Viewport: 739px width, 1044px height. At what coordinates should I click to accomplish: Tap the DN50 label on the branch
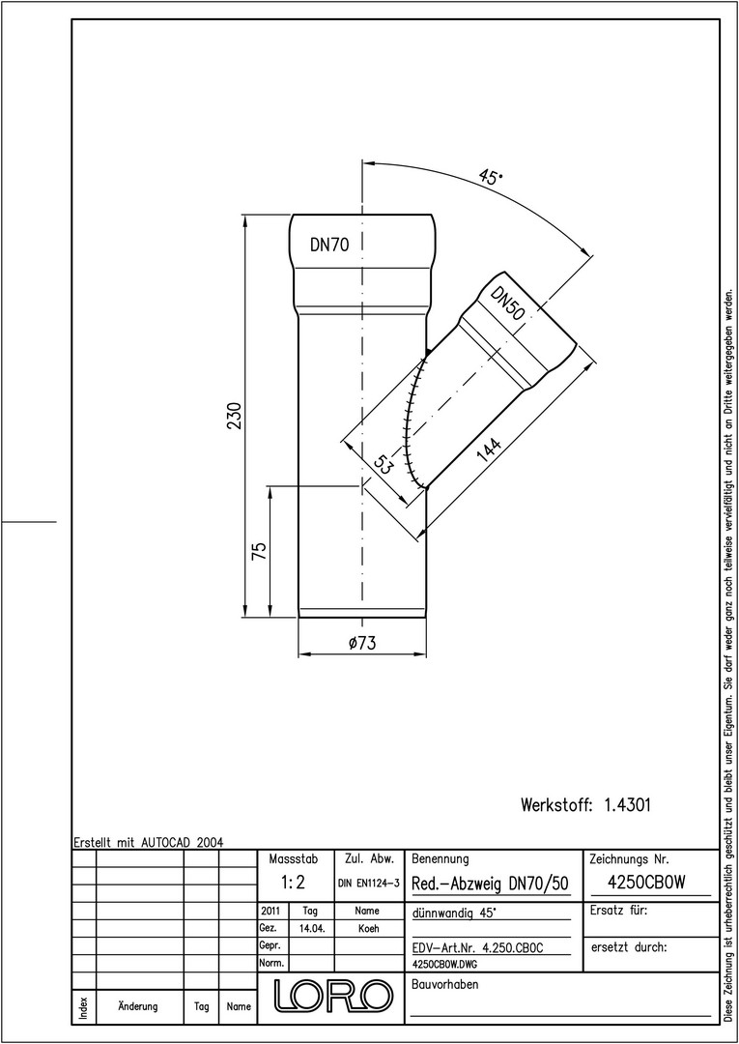(x=507, y=304)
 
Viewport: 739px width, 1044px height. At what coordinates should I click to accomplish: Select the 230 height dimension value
(x=236, y=416)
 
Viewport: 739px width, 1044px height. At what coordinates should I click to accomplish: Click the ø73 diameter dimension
(x=362, y=643)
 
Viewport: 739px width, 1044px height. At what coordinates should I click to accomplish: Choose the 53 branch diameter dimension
(x=382, y=465)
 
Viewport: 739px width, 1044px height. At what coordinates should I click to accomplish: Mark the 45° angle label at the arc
(x=491, y=177)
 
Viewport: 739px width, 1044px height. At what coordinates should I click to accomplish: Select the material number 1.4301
(x=627, y=805)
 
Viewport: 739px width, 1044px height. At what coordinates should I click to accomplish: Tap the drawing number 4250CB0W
(x=647, y=883)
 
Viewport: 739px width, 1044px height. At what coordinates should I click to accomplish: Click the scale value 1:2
(x=293, y=883)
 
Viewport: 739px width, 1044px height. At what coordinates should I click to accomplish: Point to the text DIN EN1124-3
(x=368, y=884)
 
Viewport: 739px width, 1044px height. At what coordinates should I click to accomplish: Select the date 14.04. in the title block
(x=312, y=929)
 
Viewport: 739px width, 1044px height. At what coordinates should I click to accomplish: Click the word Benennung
(x=441, y=859)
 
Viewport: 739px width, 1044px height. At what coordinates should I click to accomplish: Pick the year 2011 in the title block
(x=271, y=911)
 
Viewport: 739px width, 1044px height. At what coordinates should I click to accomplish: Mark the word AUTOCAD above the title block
(x=166, y=842)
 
